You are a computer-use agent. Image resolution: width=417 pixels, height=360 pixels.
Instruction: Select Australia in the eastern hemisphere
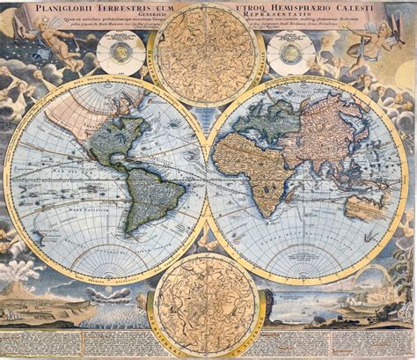tap(365, 204)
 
